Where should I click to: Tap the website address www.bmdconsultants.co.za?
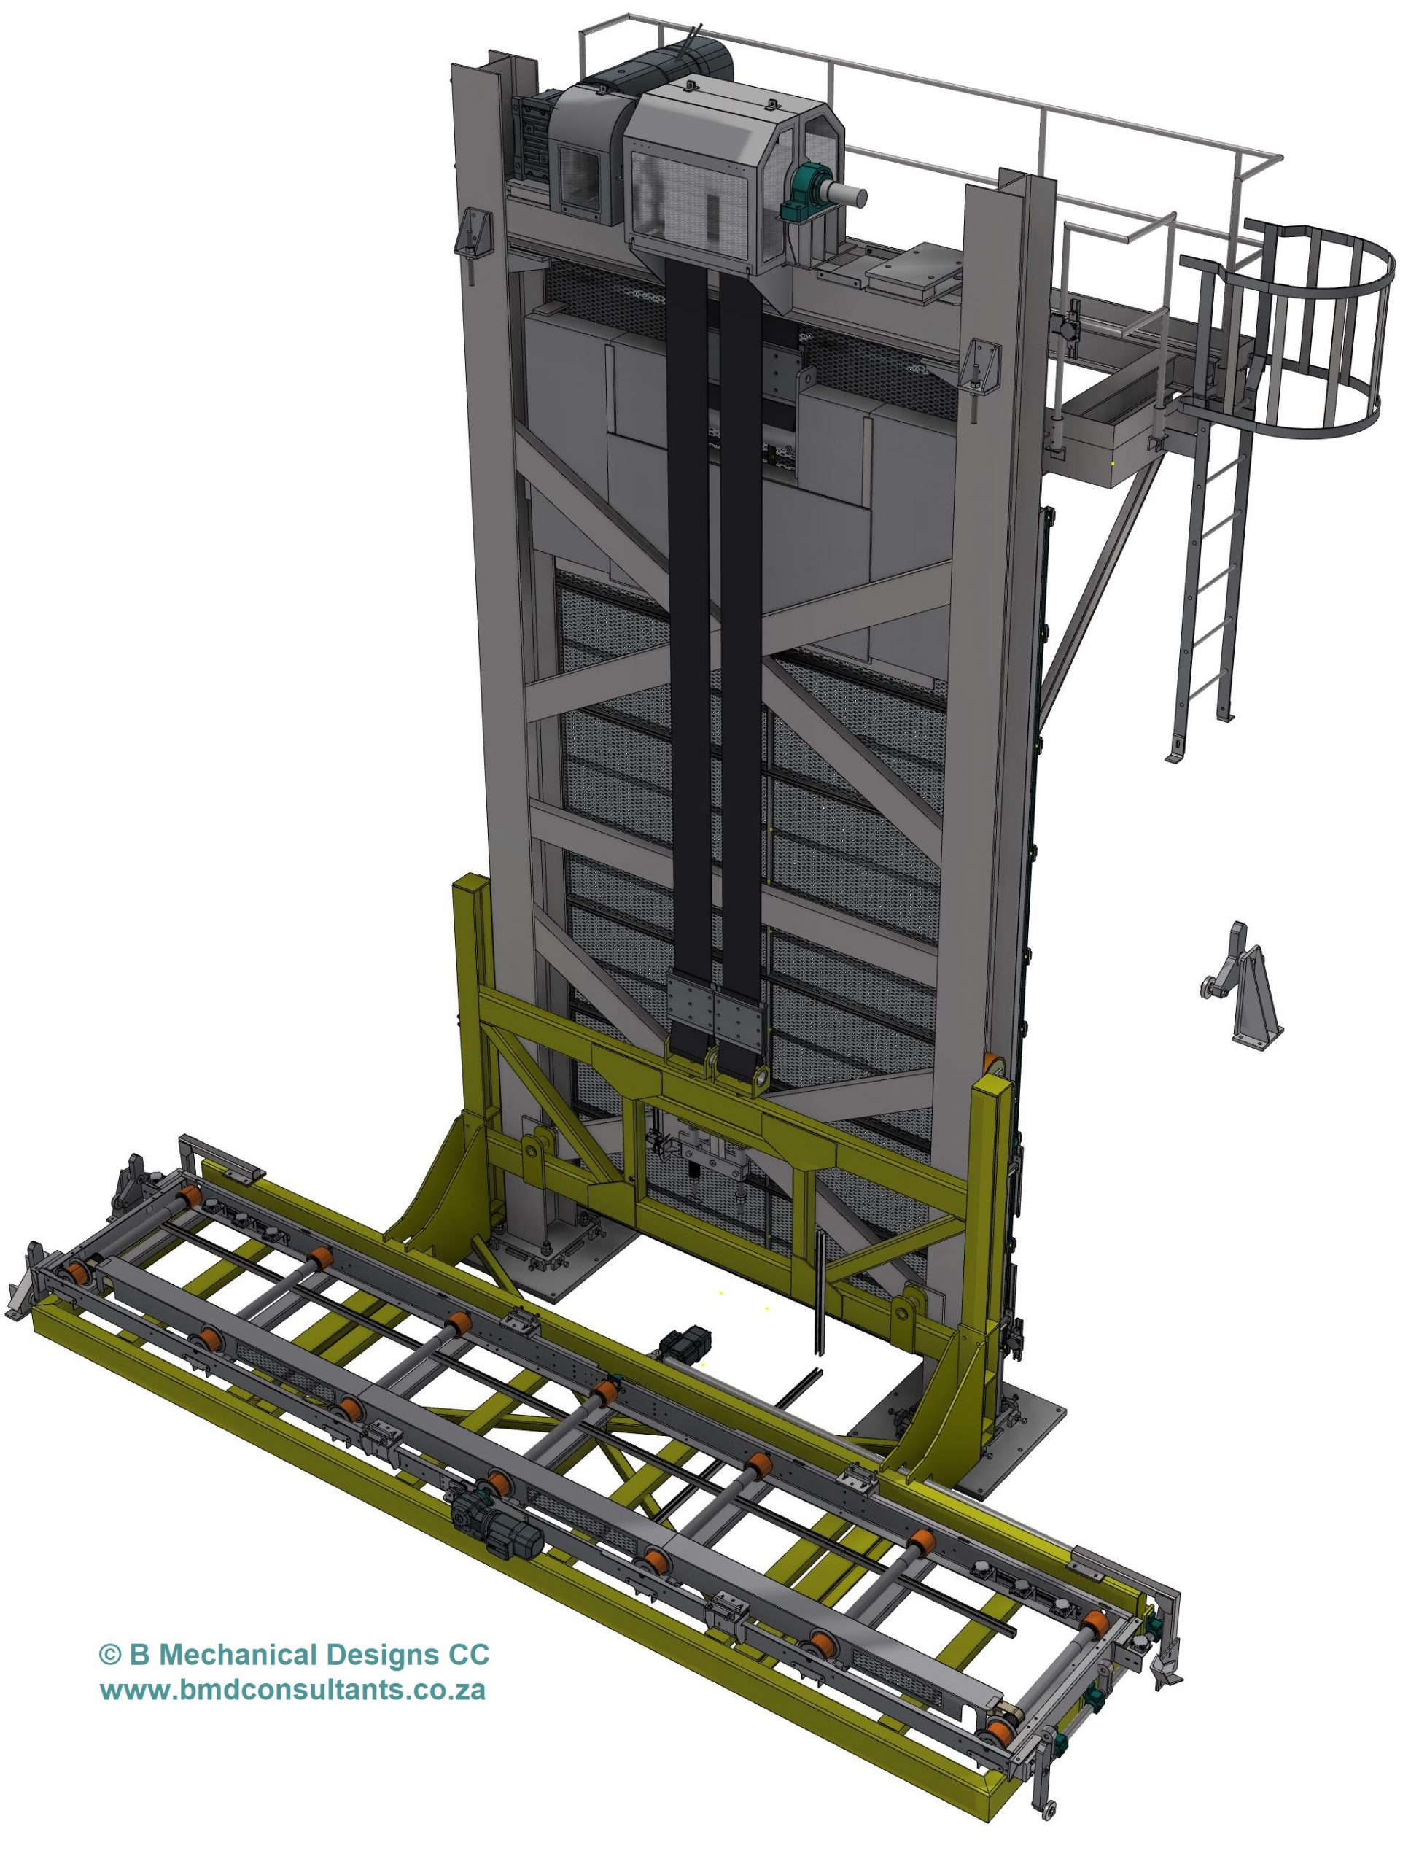click(292, 1691)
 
